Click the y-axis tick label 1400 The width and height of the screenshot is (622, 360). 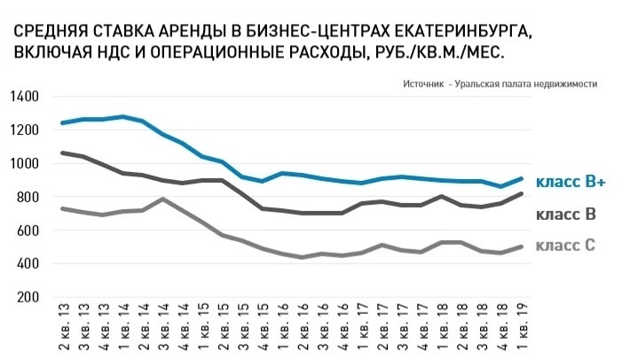(x=24, y=96)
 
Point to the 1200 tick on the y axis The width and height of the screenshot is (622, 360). (x=24, y=129)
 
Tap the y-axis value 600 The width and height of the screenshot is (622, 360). (x=28, y=230)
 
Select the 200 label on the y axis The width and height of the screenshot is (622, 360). (x=28, y=297)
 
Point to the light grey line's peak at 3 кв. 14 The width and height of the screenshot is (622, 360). (x=165, y=199)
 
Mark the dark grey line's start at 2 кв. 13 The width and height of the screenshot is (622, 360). (x=63, y=153)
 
